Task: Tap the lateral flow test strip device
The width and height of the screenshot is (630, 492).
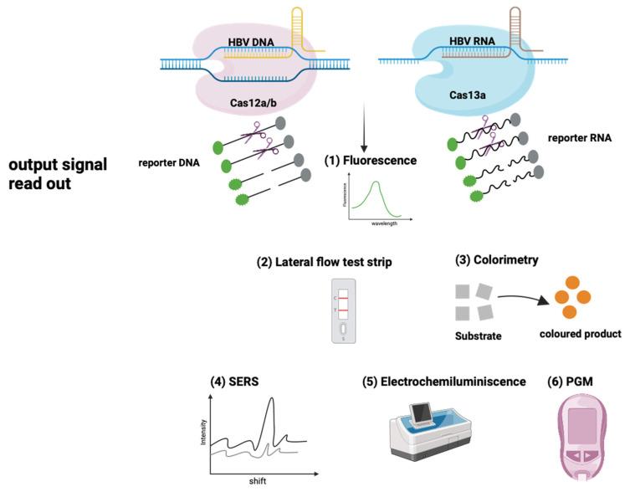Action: pyautogui.click(x=344, y=310)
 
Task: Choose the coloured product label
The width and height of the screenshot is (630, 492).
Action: pyautogui.click(x=580, y=334)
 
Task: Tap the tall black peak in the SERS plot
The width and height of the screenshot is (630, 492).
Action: pyautogui.click(x=269, y=410)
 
